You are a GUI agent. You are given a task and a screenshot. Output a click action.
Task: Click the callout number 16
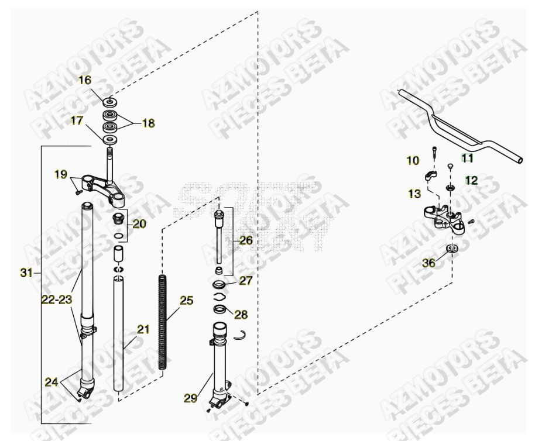(x=85, y=80)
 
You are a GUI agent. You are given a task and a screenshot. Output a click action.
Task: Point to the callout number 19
(x=61, y=174)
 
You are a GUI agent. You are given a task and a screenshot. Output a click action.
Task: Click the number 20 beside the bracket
(x=139, y=223)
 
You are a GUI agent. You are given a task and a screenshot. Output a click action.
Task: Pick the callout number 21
(x=143, y=330)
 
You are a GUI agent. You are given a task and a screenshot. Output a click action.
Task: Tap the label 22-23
(x=56, y=299)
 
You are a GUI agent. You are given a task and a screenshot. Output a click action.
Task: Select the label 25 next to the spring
(x=186, y=301)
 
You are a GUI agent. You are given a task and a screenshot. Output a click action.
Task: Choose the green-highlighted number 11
(x=467, y=157)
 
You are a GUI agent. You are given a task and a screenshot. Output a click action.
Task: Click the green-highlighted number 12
(x=471, y=180)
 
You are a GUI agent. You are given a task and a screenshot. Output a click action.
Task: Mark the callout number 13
(x=414, y=194)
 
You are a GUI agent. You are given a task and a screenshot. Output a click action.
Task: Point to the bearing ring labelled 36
(x=452, y=249)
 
